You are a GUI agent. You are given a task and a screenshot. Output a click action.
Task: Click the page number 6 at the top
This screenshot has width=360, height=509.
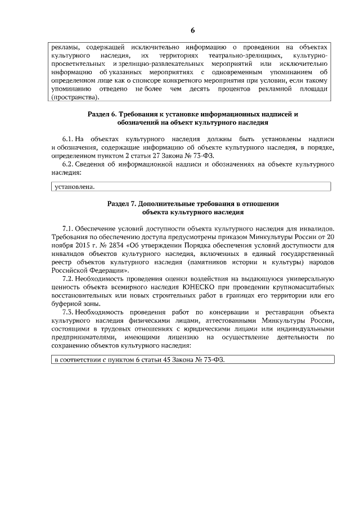coord(192,30)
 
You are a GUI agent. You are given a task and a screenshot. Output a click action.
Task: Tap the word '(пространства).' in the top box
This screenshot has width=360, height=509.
coord(75,97)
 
